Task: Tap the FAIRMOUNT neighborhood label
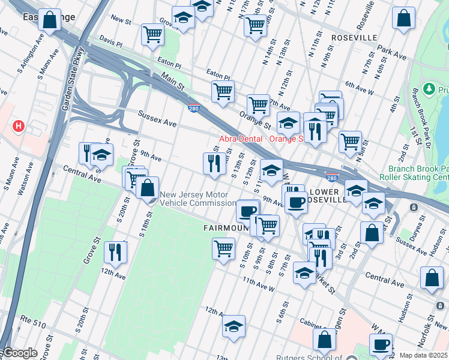[x=225, y=228]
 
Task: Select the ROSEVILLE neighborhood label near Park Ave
[x=354, y=38]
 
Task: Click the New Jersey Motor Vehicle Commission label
[x=193, y=199]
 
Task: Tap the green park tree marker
[x=429, y=90]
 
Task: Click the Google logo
[x=20, y=353]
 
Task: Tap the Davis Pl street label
[x=110, y=44]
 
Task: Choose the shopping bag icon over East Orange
[x=50, y=19]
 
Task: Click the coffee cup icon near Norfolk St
[x=381, y=344]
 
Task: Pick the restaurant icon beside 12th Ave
[x=115, y=251]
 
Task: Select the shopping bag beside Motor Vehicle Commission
[x=147, y=187]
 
